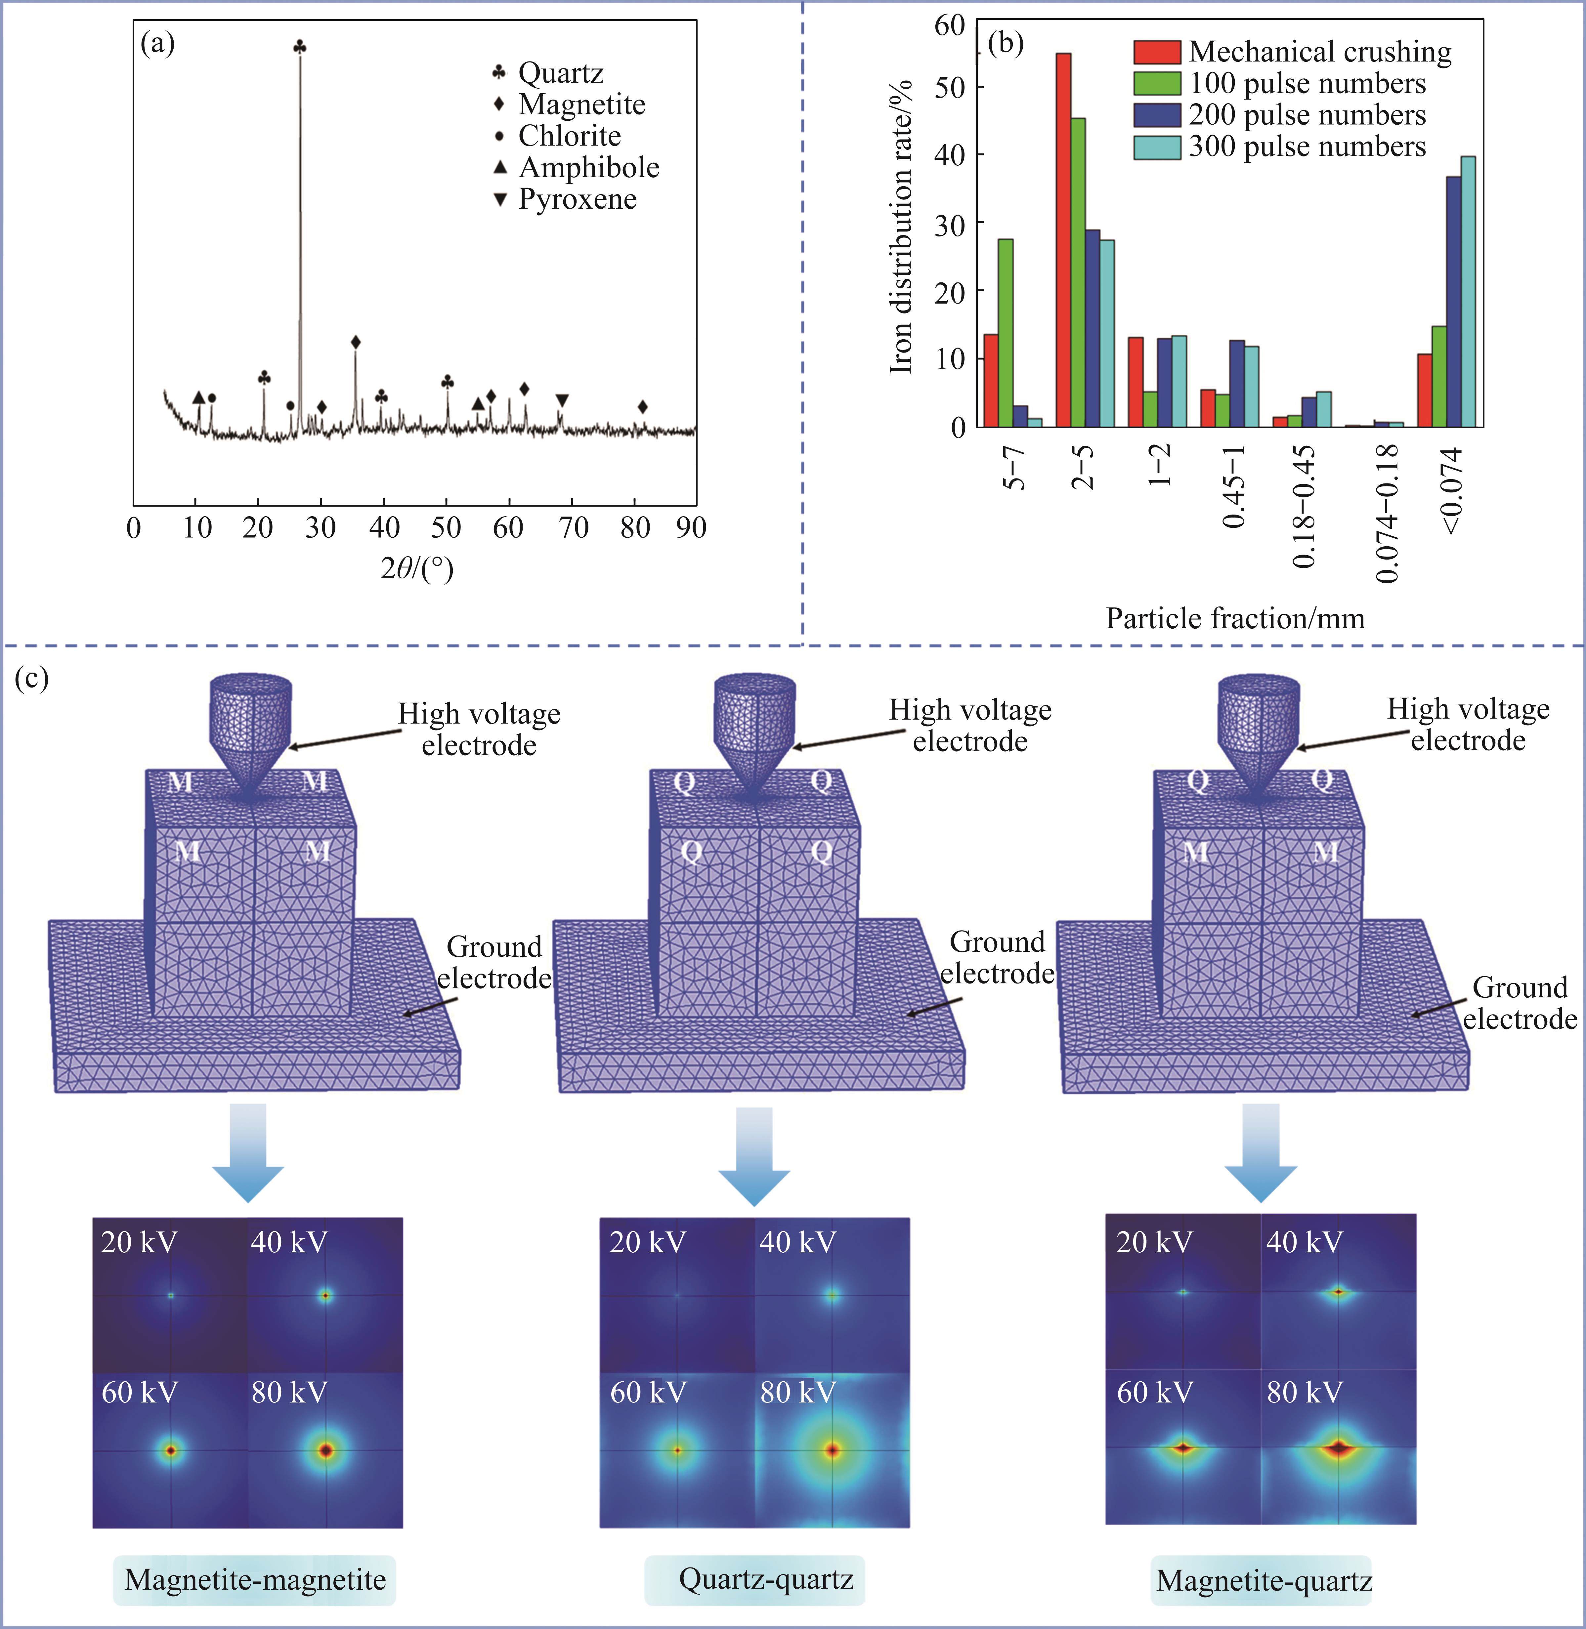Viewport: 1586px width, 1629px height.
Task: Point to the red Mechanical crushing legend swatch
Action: point(1156,52)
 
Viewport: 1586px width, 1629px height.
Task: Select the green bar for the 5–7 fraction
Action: point(1006,333)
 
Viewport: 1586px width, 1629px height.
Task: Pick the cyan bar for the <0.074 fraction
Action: point(1468,291)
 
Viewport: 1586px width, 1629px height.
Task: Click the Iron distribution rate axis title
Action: point(901,227)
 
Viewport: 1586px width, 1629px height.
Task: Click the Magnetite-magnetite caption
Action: point(255,1579)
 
